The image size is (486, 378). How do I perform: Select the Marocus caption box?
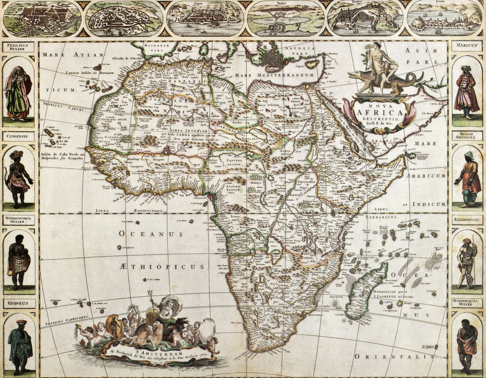coord(467,46)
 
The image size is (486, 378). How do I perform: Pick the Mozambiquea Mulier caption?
coord(467,303)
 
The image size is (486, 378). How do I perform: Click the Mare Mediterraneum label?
coord(274,75)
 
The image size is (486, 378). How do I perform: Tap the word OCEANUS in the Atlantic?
coord(151,234)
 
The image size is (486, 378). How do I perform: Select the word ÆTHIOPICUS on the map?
coord(161,266)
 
